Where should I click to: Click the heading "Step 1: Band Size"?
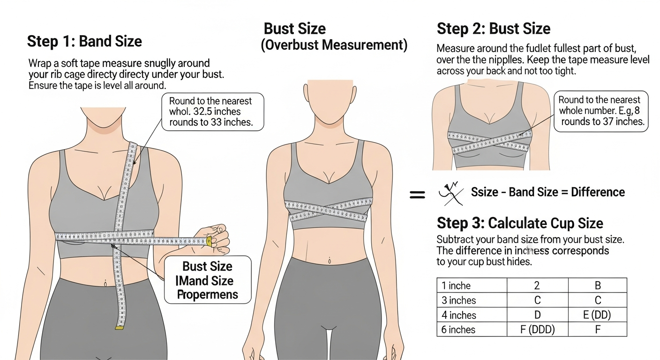coord(84,41)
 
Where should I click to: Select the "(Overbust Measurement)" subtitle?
coord(334,45)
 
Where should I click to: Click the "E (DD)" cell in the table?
coord(597,315)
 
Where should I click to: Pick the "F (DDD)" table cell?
coord(537,330)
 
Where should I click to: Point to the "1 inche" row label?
coord(456,285)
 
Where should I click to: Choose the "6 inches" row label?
coord(458,330)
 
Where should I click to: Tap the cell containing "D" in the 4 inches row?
coord(537,315)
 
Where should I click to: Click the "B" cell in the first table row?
coord(597,285)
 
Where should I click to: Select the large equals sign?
coord(417,194)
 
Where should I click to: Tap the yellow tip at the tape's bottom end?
coord(120,327)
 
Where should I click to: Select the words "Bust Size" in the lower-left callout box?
coord(207,266)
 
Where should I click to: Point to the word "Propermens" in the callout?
coord(207,294)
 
